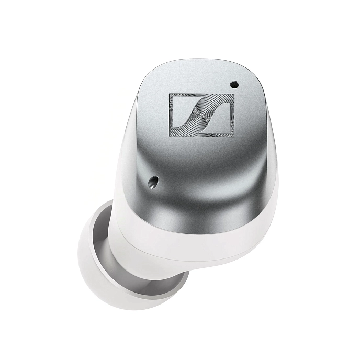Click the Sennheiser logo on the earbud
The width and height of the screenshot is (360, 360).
201,114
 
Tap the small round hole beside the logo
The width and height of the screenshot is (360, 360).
233,84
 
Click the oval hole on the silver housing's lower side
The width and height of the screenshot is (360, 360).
153,181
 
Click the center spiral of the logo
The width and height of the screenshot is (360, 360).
201,114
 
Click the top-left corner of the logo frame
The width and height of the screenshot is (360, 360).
170,94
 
